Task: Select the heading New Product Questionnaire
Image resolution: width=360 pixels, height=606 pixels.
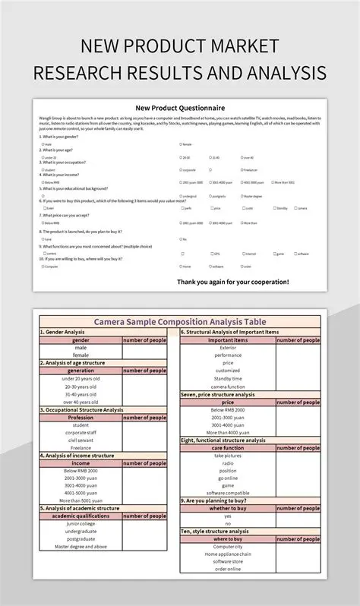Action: [180, 107]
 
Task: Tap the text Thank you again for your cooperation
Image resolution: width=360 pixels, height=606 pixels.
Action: [232, 282]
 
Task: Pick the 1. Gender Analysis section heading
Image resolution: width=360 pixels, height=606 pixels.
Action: [63, 332]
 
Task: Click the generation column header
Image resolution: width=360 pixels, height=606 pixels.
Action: [81, 371]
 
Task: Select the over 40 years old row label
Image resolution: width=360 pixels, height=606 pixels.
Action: [81, 402]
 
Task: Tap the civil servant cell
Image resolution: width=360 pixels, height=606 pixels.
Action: [81, 440]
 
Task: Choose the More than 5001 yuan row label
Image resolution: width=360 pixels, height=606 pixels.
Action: [81, 501]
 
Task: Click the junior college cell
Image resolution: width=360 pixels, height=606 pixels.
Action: [81, 524]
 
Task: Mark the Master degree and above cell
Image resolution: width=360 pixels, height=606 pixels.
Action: [81, 547]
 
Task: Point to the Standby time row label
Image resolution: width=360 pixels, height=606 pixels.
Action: [227, 378]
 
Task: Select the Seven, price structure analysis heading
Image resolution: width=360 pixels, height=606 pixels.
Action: [218, 395]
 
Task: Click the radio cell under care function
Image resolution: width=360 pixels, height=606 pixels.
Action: [227, 463]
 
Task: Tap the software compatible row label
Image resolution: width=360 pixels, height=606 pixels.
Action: [227, 493]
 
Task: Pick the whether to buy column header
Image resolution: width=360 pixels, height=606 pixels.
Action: [227, 509]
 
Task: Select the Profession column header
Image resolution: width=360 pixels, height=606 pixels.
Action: [81, 417]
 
